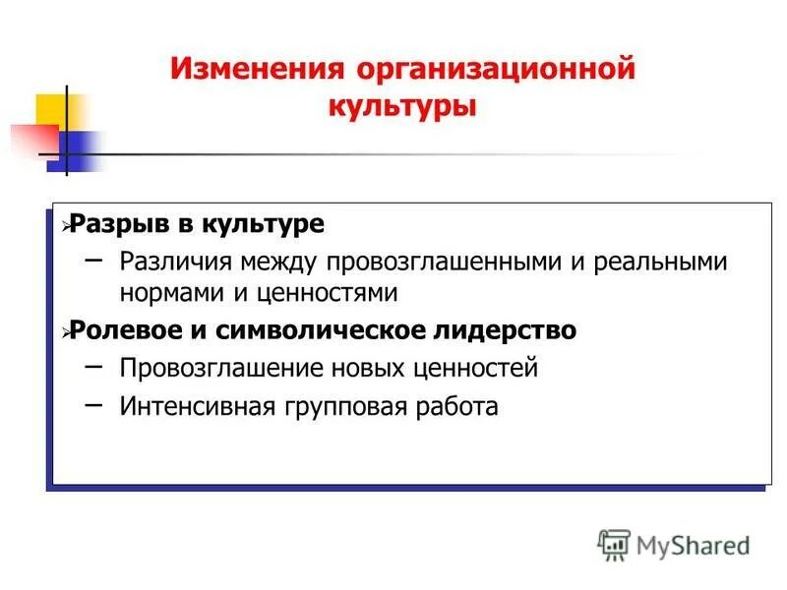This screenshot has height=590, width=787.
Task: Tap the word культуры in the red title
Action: [401, 106]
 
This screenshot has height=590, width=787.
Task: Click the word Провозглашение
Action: [208, 368]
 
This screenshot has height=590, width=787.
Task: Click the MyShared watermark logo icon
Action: [614, 544]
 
